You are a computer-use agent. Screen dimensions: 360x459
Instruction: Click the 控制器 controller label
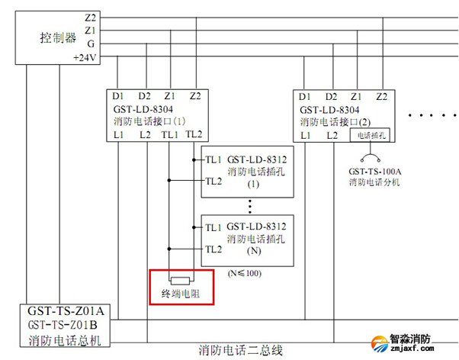[59, 37]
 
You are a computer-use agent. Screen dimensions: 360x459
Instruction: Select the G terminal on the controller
[89, 43]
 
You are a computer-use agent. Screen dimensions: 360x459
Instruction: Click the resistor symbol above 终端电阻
[181, 279]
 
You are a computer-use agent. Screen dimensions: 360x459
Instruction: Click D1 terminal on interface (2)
[305, 97]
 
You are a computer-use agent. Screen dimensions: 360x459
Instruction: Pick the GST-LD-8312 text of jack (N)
[256, 226]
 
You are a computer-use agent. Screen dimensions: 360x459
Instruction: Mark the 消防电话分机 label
[374, 182]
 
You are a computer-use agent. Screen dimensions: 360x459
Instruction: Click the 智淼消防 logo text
[420, 338]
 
